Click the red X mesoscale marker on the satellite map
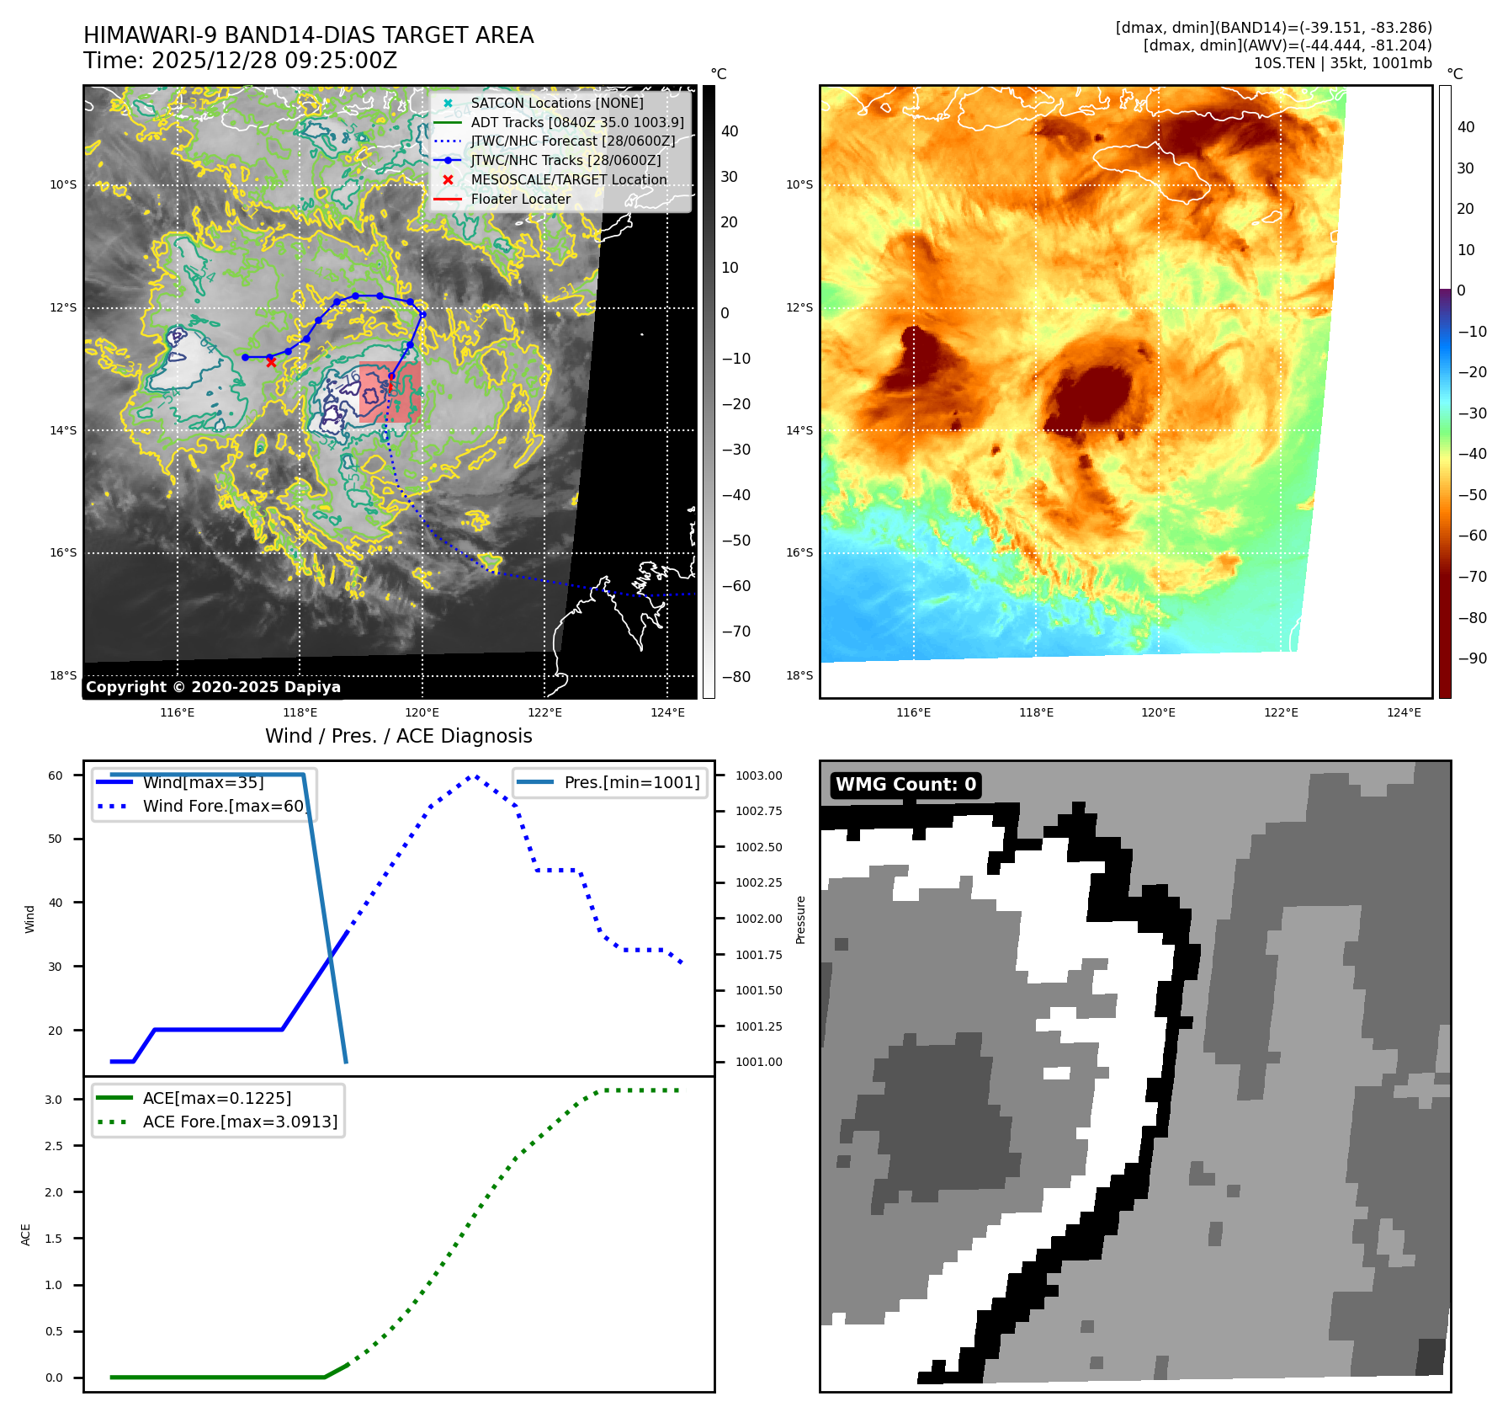coord(271,362)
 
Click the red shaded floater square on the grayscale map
coord(390,392)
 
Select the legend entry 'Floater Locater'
coord(520,200)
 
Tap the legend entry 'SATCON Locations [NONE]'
coord(556,103)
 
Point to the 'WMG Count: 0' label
coord(905,785)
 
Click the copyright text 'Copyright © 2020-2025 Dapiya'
coord(213,687)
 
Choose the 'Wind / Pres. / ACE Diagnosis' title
coord(398,736)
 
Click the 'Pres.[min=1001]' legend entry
coord(631,782)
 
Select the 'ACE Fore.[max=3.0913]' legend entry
coord(240,1122)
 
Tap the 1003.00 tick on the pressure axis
coord(758,775)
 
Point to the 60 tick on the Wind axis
coord(56,775)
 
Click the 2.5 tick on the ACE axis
coord(54,1146)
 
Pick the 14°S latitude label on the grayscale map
coord(63,430)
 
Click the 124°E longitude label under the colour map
coord(1404,712)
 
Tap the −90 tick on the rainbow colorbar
coord(1472,658)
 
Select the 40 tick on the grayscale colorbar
coord(730,131)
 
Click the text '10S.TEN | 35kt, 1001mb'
coord(1342,63)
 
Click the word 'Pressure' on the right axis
coord(800,919)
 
